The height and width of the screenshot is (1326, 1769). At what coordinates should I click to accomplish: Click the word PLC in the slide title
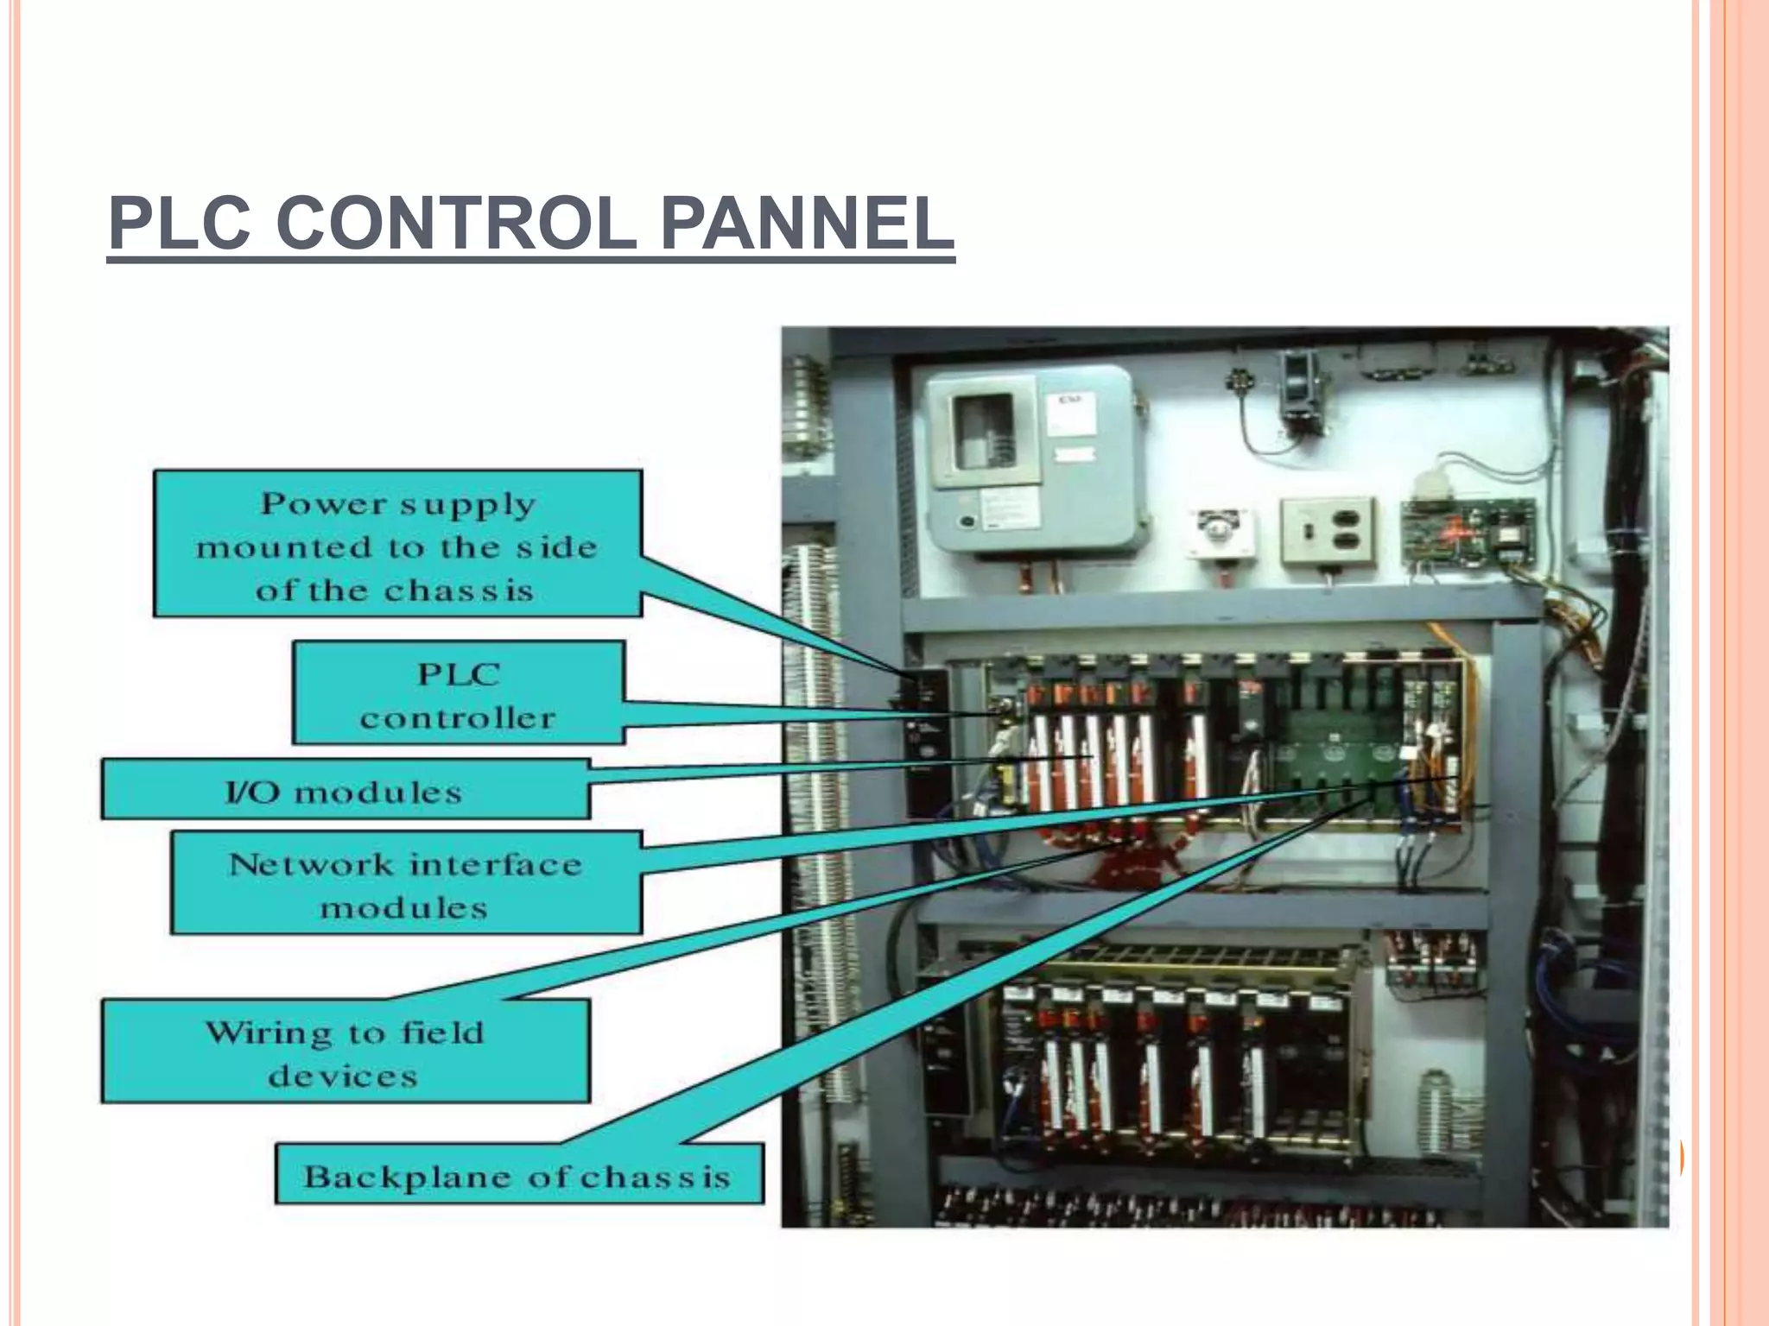[x=180, y=223]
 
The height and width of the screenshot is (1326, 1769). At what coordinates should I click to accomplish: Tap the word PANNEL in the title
[x=807, y=223]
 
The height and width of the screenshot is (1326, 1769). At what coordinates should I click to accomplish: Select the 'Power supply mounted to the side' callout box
[x=397, y=543]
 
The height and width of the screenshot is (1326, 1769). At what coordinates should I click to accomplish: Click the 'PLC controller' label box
[x=458, y=692]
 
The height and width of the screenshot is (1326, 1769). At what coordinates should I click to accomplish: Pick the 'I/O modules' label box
[x=346, y=790]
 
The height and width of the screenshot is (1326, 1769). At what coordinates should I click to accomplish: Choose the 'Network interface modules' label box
[x=406, y=883]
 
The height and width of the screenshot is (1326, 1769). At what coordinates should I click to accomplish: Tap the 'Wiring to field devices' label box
[x=346, y=1051]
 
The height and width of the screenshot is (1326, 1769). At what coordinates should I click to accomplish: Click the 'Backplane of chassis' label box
[x=519, y=1174]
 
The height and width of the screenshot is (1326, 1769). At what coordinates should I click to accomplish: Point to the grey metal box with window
[x=1037, y=458]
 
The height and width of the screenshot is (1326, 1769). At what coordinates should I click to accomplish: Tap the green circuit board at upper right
[x=1467, y=531]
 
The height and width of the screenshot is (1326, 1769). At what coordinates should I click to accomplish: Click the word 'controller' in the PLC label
[x=458, y=718]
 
